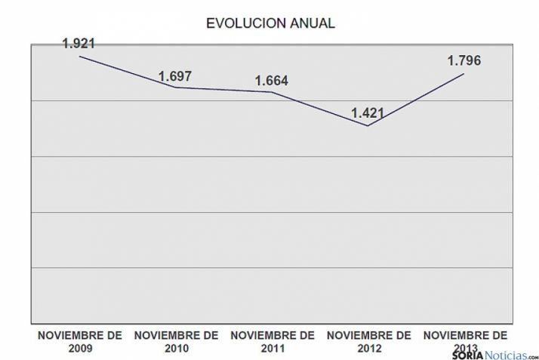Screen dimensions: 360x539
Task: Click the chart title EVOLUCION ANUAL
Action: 269,23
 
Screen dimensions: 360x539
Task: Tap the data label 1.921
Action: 79,43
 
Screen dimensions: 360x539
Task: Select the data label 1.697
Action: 175,76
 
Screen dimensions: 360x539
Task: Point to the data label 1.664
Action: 272,81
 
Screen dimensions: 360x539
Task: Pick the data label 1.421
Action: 368,114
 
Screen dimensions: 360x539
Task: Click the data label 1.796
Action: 464,61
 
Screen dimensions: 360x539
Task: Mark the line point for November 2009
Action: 79,56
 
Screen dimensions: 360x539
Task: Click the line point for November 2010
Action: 175,88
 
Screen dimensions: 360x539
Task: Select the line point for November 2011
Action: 272,92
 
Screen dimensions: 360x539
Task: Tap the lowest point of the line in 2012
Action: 368,125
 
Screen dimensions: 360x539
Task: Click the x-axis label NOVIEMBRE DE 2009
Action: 79,341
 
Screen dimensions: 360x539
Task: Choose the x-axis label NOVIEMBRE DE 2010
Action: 175,341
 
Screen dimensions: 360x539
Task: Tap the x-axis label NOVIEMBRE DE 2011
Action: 272,341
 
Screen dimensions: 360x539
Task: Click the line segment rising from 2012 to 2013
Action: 416,99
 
